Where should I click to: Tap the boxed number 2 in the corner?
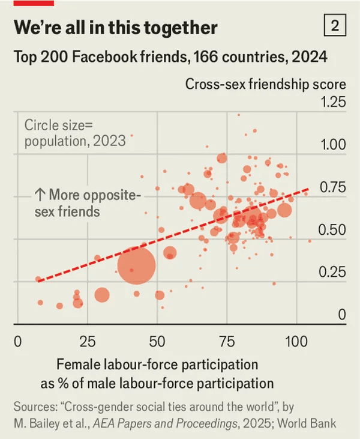click(334, 26)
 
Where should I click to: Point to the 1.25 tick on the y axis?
click(333, 102)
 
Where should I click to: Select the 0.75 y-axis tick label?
click(333, 187)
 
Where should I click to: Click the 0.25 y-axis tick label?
click(333, 272)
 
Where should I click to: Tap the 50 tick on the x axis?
click(157, 342)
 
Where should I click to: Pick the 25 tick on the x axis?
click(88, 342)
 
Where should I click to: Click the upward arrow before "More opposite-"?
click(40, 195)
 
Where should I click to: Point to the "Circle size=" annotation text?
click(59, 126)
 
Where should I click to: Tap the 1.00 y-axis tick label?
click(333, 145)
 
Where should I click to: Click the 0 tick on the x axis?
click(17, 342)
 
